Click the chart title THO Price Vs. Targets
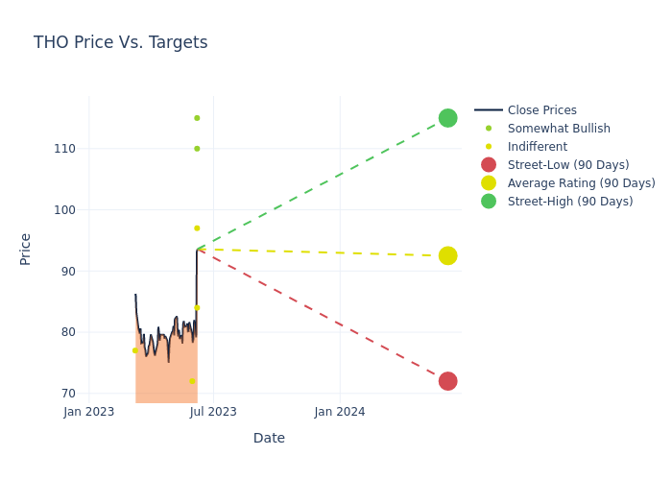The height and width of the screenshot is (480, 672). click(x=120, y=42)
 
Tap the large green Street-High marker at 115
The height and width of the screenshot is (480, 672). click(x=447, y=118)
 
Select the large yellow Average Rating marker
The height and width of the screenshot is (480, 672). click(x=447, y=255)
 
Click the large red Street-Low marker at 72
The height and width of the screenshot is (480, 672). click(x=447, y=381)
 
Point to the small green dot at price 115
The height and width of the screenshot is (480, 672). click(x=197, y=118)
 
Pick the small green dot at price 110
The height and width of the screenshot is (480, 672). click(x=197, y=149)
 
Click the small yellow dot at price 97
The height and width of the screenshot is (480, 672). click(x=197, y=228)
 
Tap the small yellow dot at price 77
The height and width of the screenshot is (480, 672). click(x=134, y=350)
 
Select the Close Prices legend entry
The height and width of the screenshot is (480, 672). click(x=541, y=110)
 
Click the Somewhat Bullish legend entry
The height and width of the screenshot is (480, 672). click(x=559, y=129)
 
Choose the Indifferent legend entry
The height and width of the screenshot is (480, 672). click(x=537, y=147)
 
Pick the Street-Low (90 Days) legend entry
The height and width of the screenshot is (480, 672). click(x=567, y=165)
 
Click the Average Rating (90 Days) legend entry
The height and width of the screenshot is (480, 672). click(x=581, y=183)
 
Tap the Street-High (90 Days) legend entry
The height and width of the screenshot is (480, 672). click(x=569, y=202)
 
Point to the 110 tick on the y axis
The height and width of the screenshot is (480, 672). click(x=65, y=149)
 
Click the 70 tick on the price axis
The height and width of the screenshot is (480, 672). click(x=68, y=394)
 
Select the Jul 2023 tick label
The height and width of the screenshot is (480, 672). click(x=213, y=413)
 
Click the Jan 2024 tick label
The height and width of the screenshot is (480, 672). click(x=340, y=413)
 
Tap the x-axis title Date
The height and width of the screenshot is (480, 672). click(x=269, y=439)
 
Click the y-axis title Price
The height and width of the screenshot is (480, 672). click(x=26, y=249)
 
